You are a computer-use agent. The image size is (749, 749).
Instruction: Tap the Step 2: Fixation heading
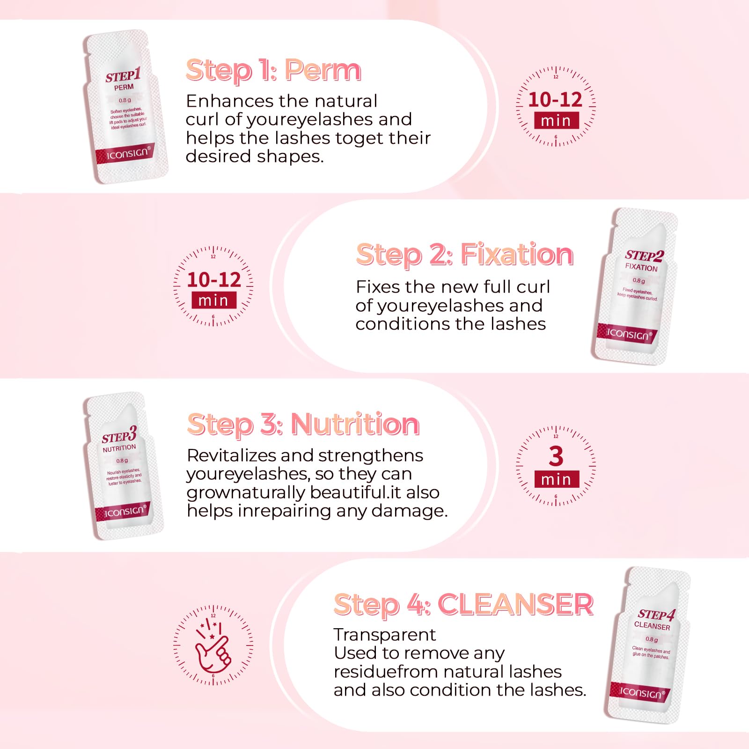tap(464, 255)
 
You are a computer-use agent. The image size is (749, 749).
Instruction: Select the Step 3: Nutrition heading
tap(303, 425)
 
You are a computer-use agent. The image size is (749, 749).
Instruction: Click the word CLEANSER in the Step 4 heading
tap(515, 604)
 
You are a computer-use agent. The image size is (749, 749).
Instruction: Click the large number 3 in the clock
tap(556, 456)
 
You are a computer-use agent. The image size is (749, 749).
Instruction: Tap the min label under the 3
tap(556, 479)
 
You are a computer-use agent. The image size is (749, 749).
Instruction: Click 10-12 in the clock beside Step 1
tap(555, 100)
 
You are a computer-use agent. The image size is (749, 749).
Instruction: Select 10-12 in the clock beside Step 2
tap(214, 280)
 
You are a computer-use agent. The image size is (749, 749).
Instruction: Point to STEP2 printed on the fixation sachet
tap(644, 256)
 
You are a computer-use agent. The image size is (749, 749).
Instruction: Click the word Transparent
tap(384, 635)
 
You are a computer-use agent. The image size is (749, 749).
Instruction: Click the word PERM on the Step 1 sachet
tap(124, 88)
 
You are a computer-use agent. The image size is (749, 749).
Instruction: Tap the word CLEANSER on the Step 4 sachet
tap(652, 626)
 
